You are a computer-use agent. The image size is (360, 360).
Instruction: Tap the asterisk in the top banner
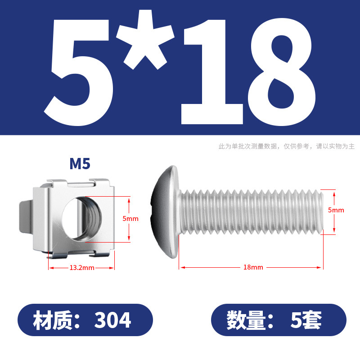[x=145, y=39]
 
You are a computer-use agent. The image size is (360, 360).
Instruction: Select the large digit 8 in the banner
[x=282, y=72]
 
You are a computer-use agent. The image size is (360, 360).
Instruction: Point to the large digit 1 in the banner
[x=211, y=72]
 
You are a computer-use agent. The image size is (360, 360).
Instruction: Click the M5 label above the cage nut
[x=80, y=164]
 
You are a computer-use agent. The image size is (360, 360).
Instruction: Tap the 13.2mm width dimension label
[x=82, y=268]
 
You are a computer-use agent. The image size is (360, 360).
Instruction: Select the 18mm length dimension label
[x=253, y=267]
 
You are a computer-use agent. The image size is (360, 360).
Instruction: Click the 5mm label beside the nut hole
[x=130, y=219]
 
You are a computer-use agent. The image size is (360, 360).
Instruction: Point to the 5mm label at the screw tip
[x=336, y=210]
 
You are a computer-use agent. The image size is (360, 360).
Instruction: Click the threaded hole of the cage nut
[x=82, y=219]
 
